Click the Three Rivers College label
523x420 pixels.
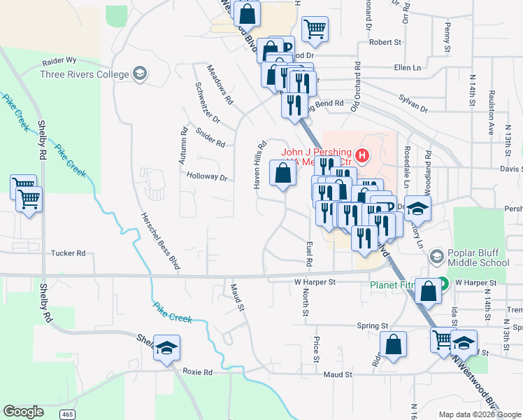pyautogui.click(x=85, y=74)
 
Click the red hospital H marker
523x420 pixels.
pyautogui.click(x=362, y=154)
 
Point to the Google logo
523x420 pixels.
pyautogui.click(x=23, y=412)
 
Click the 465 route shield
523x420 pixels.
pyautogui.click(x=67, y=414)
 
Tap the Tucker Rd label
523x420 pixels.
pyautogui.click(x=69, y=253)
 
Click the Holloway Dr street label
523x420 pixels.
pyautogui.click(x=207, y=177)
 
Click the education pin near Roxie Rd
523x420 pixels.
pyautogui.click(x=166, y=347)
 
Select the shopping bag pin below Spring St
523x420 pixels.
pyautogui.click(x=393, y=344)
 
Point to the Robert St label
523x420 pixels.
pyautogui.click(x=385, y=42)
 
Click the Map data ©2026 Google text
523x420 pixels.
pyautogui.click(x=479, y=414)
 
